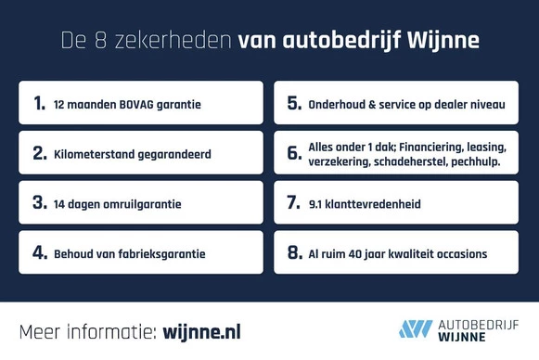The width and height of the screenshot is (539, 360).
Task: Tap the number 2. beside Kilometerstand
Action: coord(40,153)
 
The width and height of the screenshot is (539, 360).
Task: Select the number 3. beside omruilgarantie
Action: coord(40,202)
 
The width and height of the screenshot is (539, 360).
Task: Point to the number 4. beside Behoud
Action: coord(40,252)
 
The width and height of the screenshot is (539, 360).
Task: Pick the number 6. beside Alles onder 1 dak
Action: coord(294,153)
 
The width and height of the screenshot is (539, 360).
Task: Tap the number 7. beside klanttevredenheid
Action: coord(294,202)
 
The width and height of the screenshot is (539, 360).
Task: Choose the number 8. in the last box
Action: coord(294,252)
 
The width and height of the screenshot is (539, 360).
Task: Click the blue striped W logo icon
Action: coord(416,329)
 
